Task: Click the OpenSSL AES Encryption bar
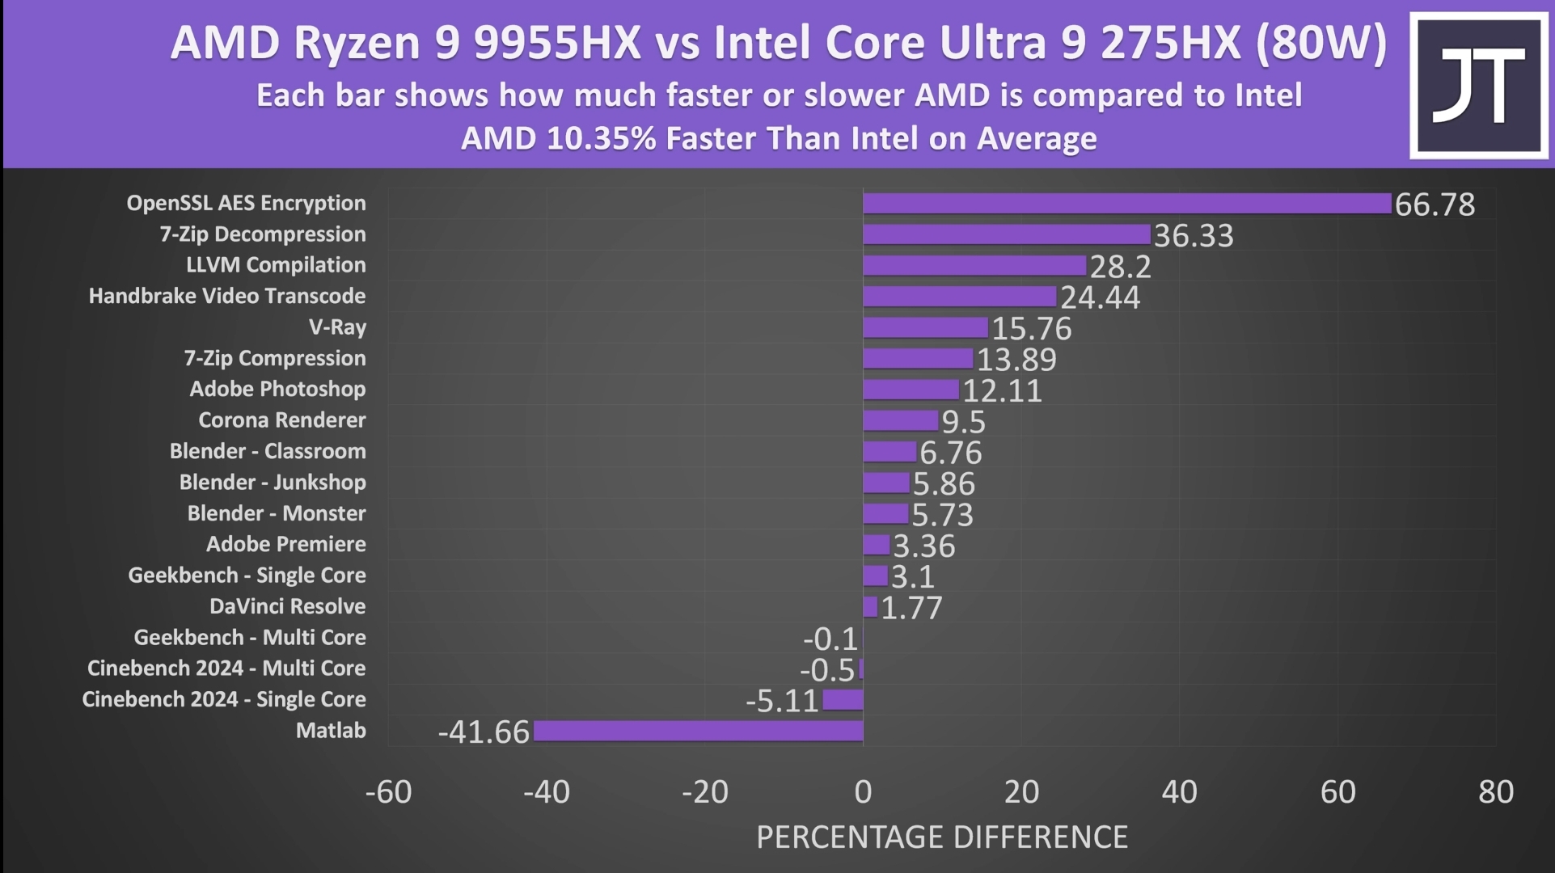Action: coord(1126,204)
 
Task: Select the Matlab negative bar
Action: coord(698,731)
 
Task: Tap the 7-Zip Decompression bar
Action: coord(1006,234)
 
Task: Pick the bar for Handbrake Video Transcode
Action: coord(959,297)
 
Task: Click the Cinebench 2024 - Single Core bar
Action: coord(843,700)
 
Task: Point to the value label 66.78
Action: coord(1435,205)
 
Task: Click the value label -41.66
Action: coord(484,732)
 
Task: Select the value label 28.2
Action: coord(1120,267)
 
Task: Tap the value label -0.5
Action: coord(826,670)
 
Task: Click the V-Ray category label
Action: coord(337,327)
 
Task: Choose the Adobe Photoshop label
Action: coord(277,390)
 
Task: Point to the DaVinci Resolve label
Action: coord(287,606)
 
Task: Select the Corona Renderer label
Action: coord(281,420)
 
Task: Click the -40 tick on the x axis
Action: coord(547,792)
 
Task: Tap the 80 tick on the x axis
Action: coord(1495,792)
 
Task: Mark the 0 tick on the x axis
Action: coord(863,792)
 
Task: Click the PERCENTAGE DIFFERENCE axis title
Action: coord(941,837)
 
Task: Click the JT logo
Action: coord(1478,86)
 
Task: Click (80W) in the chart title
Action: coord(1321,43)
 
